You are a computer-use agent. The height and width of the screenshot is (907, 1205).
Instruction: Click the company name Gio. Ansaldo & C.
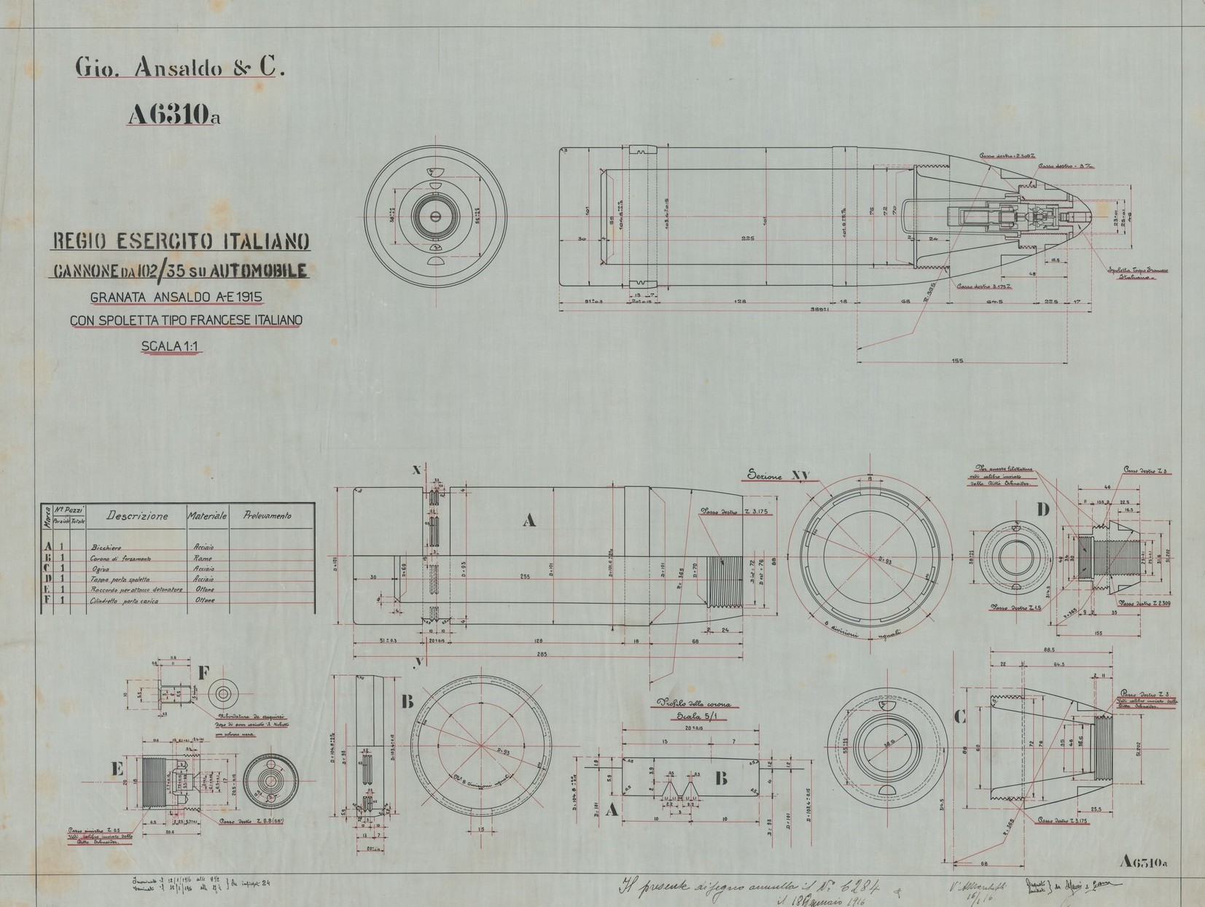pos(179,68)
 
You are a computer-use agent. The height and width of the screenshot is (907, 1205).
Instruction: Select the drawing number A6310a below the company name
pos(173,116)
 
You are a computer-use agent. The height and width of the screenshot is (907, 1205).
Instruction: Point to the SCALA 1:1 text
pos(171,346)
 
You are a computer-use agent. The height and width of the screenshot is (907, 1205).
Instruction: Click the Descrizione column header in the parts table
pos(137,515)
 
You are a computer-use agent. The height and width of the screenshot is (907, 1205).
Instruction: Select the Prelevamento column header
pos(267,515)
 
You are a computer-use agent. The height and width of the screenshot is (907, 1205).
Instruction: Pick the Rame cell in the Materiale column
pos(203,558)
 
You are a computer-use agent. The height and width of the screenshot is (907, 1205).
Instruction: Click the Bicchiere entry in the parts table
pos(106,547)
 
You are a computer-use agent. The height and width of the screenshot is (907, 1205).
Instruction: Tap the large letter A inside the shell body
pos(529,520)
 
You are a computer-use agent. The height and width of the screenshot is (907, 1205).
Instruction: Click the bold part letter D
pos(1043,510)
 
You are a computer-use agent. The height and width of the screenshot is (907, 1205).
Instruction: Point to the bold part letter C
pos(960,717)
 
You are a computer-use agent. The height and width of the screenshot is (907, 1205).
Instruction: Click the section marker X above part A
pos(416,471)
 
